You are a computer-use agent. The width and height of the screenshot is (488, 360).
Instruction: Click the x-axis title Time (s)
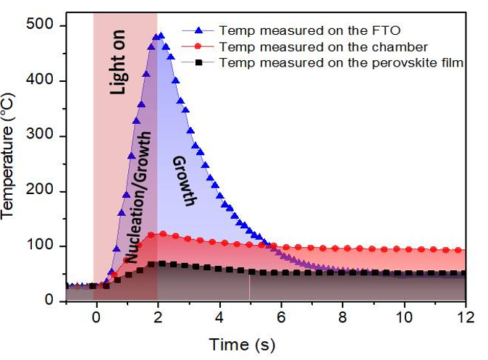tap(242, 342)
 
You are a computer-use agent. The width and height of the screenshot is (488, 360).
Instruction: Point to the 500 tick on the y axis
tap(52, 26)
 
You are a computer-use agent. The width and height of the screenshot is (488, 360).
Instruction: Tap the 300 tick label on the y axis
tap(52, 136)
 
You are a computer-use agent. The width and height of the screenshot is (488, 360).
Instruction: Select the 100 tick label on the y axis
tap(52, 246)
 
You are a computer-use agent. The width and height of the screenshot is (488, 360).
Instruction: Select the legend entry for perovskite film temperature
tap(340, 63)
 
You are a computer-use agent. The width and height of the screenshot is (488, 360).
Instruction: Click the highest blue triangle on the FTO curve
tap(160, 35)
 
